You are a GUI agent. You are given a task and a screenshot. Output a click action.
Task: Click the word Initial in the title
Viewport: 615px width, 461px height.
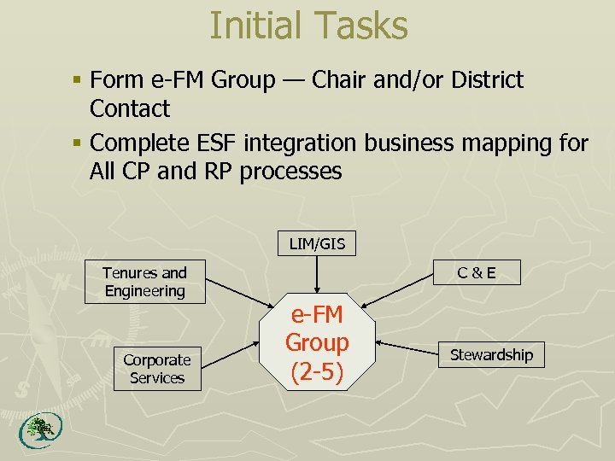click(x=255, y=26)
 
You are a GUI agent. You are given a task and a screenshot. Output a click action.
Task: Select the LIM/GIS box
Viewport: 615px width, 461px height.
click(x=317, y=244)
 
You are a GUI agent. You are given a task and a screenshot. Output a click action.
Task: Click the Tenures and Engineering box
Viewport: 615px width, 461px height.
click(x=144, y=282)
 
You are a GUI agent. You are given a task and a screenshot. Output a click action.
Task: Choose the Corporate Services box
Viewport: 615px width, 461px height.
click(x=157, y=369)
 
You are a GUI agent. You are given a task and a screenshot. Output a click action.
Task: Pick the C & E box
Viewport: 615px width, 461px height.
click(x=477, y=274)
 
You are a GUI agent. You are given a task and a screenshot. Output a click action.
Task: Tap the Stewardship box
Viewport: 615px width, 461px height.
click(x=491, y=355)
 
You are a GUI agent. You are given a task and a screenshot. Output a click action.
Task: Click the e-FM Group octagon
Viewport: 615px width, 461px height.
click(x=317, y=343)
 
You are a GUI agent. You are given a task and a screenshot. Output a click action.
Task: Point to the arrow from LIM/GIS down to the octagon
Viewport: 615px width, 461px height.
click(x=317, y=275)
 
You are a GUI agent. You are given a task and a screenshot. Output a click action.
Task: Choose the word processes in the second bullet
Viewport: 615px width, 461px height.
click(x=290, y=171)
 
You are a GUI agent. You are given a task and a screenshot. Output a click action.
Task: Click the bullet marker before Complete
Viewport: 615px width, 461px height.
click(x=77, y=143)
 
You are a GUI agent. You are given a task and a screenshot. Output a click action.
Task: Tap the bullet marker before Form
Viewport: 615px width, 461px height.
click(x=77, y=81)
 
